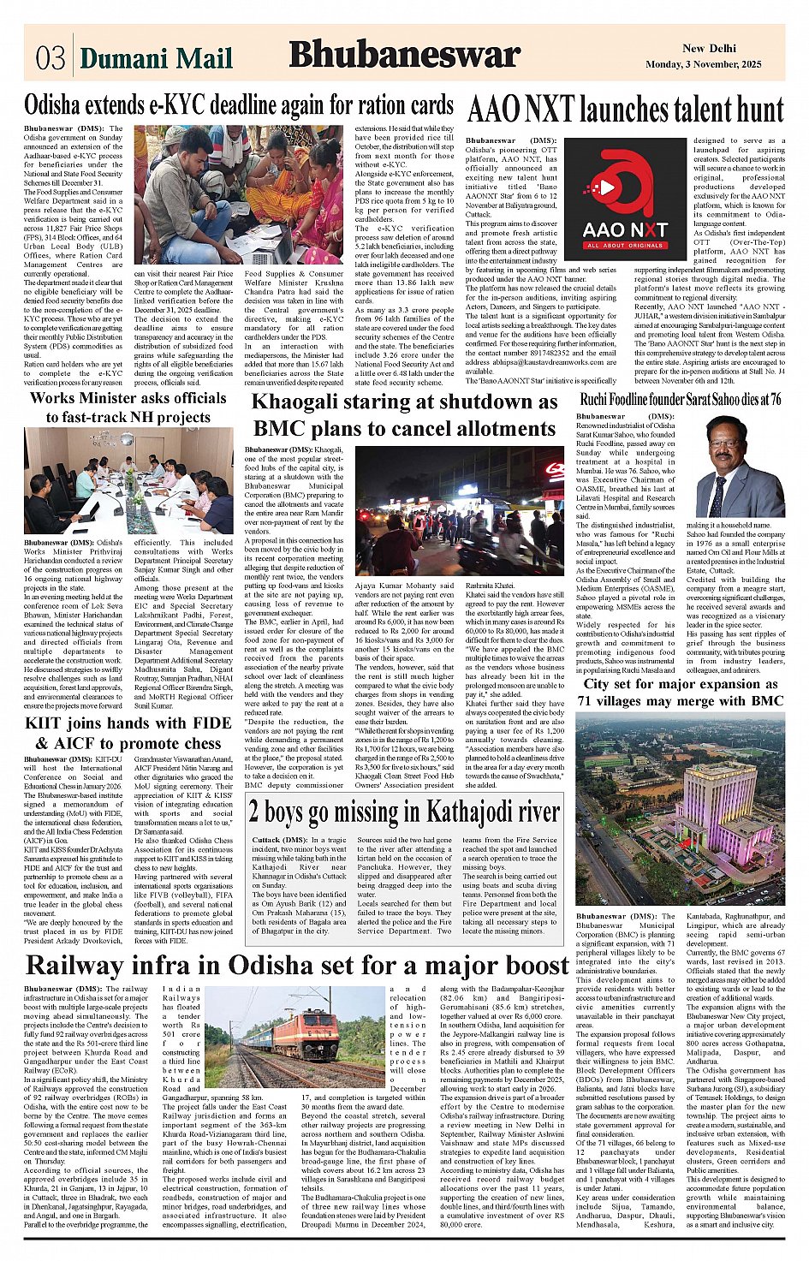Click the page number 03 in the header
click(50, 57)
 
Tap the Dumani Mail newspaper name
click(156, 57)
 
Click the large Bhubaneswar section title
click(404, 55)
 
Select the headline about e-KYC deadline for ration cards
click(239, 105)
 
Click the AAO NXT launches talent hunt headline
click(625, 110)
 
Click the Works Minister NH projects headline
click(128, 407)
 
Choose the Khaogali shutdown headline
click(405, 414)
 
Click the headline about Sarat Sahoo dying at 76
click(681, 399)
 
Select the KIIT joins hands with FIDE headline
click(128, 733)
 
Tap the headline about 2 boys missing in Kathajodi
click(404, 811)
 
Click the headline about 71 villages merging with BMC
click(681, 692)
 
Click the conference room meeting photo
click(128, 481)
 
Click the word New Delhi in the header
click(709, 49)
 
